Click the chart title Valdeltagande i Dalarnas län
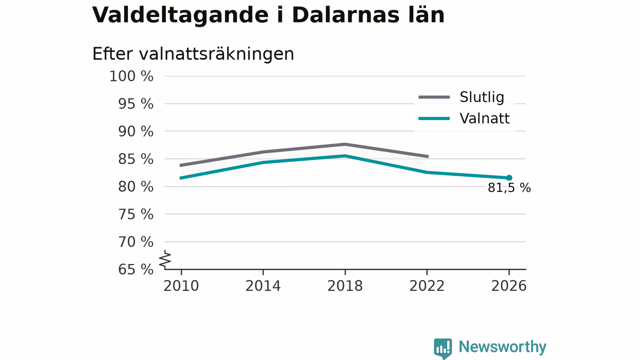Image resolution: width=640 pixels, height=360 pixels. [x=268, y=15]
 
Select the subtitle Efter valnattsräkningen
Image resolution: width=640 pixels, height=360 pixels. [x=193, y=53]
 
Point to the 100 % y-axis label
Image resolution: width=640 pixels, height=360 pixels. [x=131, y=76]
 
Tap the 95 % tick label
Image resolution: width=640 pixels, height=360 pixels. [x=135, y=103]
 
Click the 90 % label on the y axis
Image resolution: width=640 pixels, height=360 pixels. [x=135, y=131]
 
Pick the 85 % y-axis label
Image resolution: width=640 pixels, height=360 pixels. [x=135, y=159]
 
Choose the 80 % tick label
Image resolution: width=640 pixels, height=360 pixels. [x=135, y=186]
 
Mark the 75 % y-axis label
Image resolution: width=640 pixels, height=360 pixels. [x=135, y=214]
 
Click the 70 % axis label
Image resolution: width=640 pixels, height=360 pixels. [x=135, y=241]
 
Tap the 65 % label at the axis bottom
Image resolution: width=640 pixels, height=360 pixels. [x=135, y=269]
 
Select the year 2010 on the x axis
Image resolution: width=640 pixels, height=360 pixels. [x=181, y=286]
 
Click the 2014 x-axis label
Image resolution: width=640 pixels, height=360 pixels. [x=263, y=286]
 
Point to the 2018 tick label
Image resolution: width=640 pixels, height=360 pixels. [x=345, y=286]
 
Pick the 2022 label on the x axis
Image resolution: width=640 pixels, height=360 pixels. [x=427, y=286]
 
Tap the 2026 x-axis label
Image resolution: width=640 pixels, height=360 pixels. [x=508, y=286]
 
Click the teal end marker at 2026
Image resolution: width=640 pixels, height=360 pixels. [x=509, y=177]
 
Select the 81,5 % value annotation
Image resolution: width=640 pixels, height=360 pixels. [x=509, y=188]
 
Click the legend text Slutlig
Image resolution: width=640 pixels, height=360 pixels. [x=481, y=97]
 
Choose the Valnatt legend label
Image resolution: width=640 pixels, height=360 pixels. [x=484, y=118]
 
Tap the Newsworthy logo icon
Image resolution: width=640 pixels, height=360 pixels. [x=443, y=348]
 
